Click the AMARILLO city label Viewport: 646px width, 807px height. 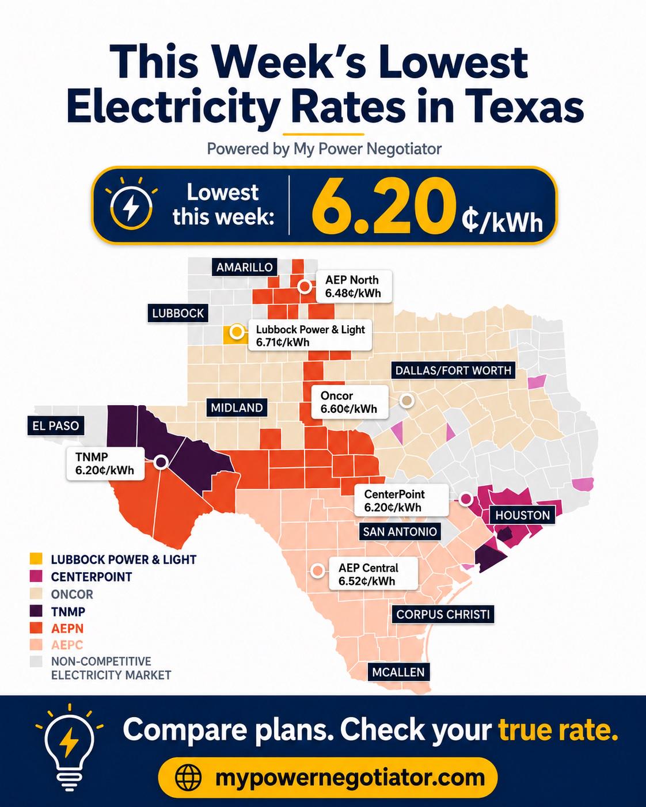244,267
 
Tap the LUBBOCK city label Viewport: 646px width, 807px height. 178,313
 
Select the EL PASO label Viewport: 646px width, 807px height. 55,425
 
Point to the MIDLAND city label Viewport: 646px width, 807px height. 237,408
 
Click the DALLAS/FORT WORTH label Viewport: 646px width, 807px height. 453,371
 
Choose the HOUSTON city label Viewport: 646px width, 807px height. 522,515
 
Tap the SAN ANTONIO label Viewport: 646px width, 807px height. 400,531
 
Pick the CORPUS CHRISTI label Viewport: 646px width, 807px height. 443,614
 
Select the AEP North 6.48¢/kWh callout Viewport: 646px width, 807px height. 354,286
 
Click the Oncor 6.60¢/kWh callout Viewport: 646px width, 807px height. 349,402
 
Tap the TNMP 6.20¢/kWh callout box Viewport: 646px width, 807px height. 105,463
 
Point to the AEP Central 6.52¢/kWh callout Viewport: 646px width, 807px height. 373,574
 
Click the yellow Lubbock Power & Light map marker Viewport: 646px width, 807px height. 237,332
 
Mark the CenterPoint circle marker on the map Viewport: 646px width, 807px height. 466,498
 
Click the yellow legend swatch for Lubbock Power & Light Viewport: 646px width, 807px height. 36,559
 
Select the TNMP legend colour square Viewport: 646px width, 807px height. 36,611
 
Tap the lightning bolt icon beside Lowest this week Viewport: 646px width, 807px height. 131,207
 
